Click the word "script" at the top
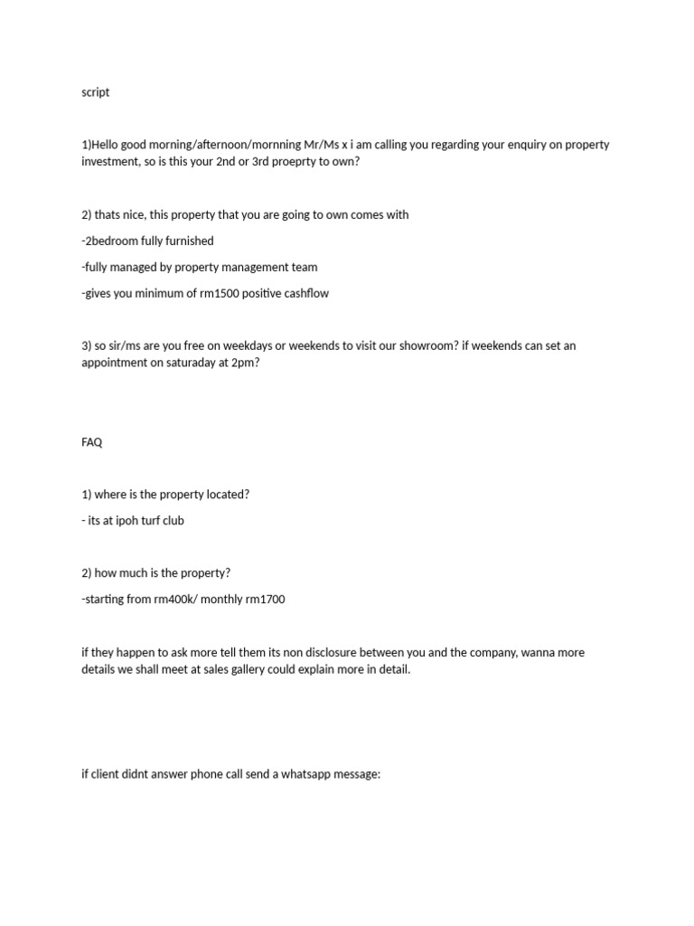[x=95, y=92]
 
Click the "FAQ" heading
[x=91, y=442]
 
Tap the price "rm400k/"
[x=177, y=600]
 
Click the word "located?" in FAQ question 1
[x=225, y=495]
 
